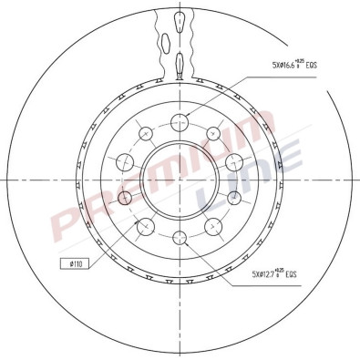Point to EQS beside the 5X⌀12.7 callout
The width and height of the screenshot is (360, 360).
point(294,272)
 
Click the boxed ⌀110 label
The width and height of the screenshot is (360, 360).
point(72,265)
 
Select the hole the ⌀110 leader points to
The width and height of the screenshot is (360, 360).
point(144,227)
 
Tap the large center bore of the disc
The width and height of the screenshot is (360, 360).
point(180,179)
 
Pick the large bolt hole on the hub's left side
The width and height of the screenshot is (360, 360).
point(121,160)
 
